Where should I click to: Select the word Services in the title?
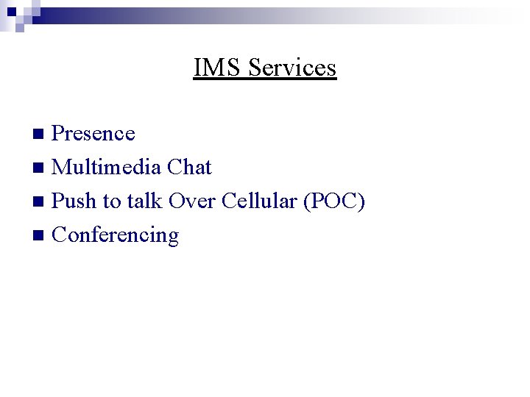[x=292, y=68]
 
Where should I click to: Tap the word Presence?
[x=94, y=134]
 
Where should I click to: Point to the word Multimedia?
[x=107, y=168]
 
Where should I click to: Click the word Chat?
[x=189, y=168]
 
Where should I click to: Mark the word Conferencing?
[x=116, y=235]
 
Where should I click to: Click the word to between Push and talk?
[x=111, y=201]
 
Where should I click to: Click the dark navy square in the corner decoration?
[x=12, y=12]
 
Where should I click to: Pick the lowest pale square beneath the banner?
[x=19, y=29]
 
